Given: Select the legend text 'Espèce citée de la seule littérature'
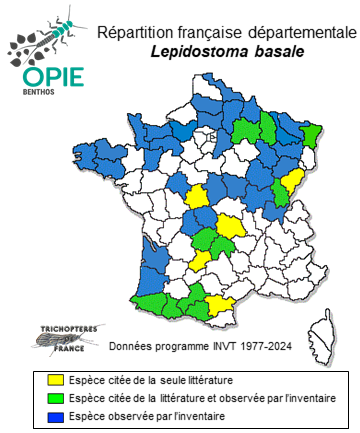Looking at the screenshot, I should click(x=148, y=380).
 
